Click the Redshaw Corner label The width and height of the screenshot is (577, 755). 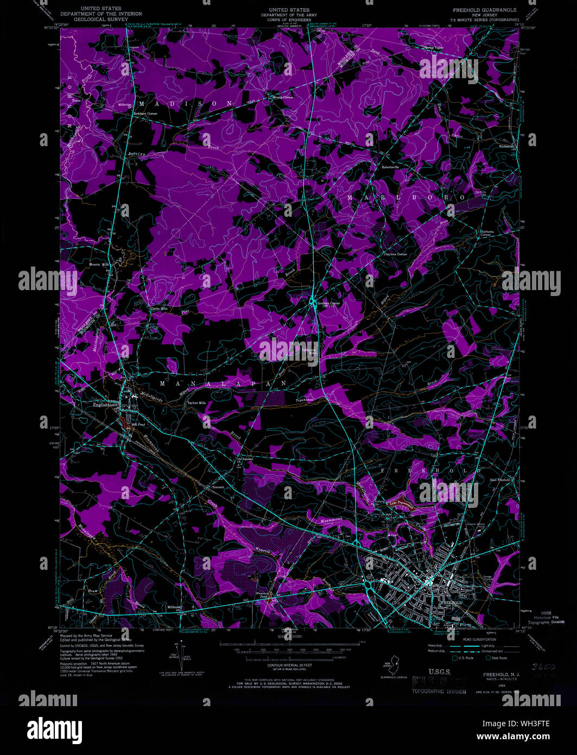145,114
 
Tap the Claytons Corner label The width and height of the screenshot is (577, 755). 395,254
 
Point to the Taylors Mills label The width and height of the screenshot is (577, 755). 196,403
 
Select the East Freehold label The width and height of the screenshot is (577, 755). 500,480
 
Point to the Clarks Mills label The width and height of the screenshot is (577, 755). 159,309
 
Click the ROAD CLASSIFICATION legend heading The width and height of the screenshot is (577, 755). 479,640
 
